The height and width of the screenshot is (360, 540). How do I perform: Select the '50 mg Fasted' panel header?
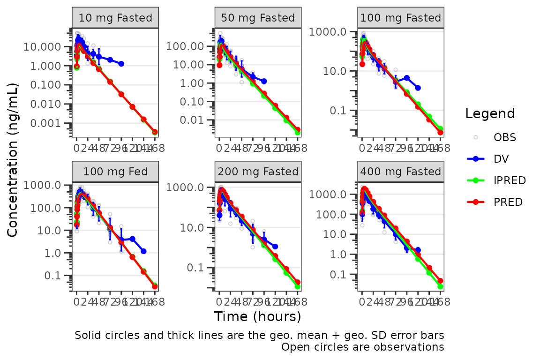pyautogui.click(x=258, y=18)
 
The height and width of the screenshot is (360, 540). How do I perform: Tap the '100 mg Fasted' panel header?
pyautogui.click(x=401, y=18)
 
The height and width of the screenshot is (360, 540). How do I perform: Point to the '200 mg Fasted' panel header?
pyautogui.click(x=258, y=172)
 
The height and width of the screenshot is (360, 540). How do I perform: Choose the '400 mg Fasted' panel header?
pyautogui.click(x=401, y=172)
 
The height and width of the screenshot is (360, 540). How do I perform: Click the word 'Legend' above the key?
pyautogui.click(x=490, y=113)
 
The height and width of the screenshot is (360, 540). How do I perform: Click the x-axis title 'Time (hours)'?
pyautogui.click(x=257, y=317)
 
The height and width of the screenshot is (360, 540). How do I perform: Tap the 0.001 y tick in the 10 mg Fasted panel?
pyautogui.click(x=45, y=123)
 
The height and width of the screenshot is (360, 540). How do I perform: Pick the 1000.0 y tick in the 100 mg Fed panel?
pyautogui.click(x=45, y=185)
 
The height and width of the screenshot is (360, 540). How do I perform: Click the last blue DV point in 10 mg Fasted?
pyautogui.click(x=121, y=63)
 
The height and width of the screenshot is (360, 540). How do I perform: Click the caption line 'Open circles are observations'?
pyautogui.click(x=362, y=347)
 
